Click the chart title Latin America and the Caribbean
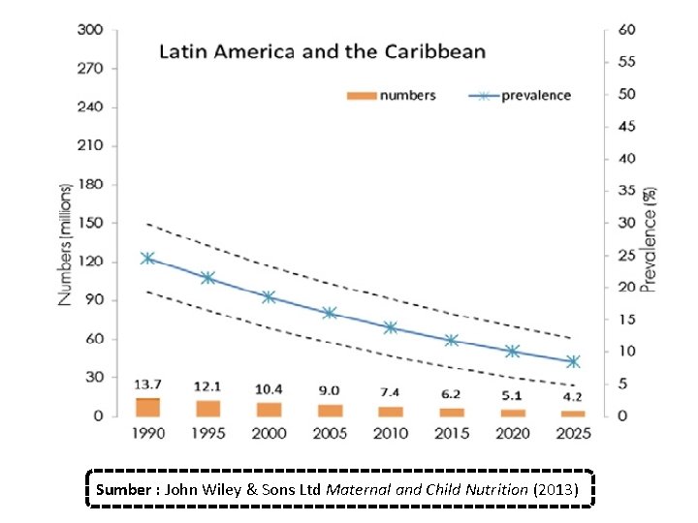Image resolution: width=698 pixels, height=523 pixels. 323,51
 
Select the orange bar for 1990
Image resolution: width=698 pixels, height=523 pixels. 147,407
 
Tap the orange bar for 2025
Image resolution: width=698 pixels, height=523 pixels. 573,413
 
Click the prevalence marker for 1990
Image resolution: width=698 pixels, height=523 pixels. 147,259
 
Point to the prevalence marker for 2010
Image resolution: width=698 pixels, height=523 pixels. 391,327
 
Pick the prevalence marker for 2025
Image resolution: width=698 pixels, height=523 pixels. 573,361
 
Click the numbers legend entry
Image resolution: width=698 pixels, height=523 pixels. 392,95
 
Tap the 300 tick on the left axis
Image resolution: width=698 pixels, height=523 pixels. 90,30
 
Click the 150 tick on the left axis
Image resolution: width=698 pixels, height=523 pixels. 90,223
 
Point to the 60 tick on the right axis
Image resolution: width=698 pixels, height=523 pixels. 627,30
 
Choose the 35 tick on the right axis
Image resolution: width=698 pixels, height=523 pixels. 627,191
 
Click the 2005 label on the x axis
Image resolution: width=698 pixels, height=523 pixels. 330,434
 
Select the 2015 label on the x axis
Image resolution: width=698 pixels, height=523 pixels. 452,434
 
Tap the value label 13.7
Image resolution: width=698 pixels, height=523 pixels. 147,385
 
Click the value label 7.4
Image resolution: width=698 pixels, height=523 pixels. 391,392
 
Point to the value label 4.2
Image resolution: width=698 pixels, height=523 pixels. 573,396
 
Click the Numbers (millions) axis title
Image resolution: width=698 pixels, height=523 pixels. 66,244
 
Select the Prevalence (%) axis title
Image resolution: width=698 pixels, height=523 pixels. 650,239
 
